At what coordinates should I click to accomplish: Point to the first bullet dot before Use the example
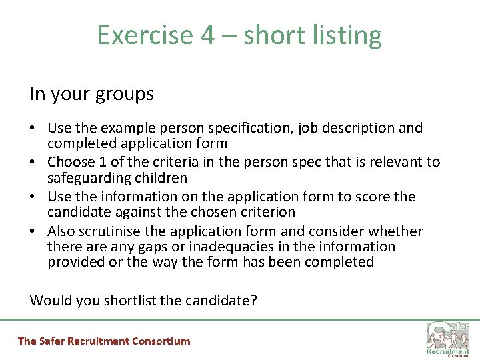coord(34,128)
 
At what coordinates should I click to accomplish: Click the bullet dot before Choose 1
coord(34,163)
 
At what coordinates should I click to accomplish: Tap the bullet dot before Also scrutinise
coord(34,232)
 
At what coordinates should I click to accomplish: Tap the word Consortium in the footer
coord(161,341)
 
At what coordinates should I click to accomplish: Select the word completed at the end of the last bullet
coord(339,262)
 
